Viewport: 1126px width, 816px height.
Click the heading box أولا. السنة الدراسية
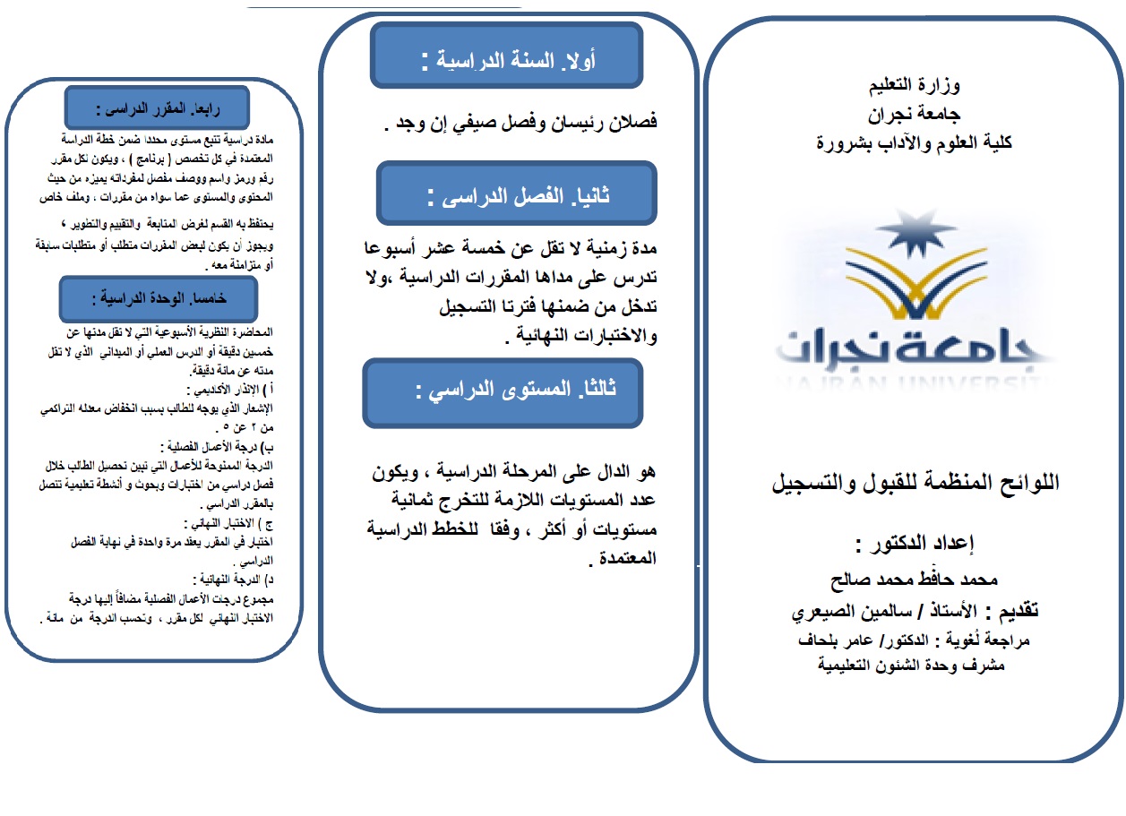pos(507,61)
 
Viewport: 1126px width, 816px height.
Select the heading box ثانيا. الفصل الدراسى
pos(512,194)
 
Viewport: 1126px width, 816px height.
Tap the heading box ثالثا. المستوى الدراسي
pos(503,391)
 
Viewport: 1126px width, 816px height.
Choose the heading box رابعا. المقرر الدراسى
pos(158,109)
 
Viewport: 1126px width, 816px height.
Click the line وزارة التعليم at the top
pos(915,86)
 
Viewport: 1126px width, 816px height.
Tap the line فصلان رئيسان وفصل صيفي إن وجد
pos(520,123)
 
